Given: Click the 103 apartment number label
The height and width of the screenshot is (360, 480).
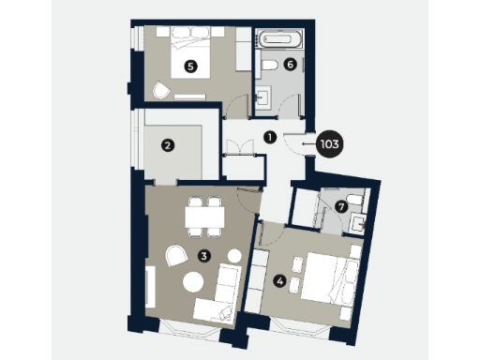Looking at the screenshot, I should tap(329, 144).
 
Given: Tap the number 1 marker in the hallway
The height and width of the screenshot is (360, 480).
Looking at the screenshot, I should tap(270, 136).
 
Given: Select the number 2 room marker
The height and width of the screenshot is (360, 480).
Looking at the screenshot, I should tap(167, 145).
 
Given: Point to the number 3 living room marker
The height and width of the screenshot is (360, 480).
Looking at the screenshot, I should tap(203, 253).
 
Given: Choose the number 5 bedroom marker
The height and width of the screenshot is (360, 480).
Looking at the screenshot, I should tap(191, 66).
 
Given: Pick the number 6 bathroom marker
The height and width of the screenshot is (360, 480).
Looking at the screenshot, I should tap(290, 65).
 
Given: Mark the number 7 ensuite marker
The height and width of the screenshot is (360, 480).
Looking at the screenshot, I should tap(341, 204).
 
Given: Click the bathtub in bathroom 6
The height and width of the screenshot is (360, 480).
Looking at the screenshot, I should tap(279, 41).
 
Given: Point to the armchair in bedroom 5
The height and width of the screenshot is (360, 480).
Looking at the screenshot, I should tap(161, 90).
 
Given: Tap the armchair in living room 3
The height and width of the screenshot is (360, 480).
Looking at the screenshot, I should tap(174, 257).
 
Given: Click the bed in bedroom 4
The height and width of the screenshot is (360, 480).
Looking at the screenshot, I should tap(323, 277).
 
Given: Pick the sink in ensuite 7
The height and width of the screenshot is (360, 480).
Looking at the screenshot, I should tap(356, 223).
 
